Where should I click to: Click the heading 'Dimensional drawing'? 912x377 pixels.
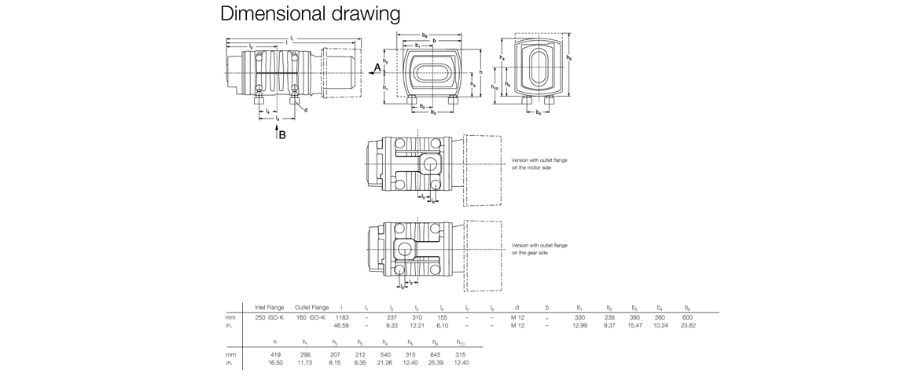click(310, 14)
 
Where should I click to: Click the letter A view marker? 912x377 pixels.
click(377, 68)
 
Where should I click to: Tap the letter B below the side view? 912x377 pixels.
click(282, 135)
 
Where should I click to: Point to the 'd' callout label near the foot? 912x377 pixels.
click(305, 110)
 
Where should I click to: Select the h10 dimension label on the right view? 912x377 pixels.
click(495, 88)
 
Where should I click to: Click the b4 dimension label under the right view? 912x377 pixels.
click(538, 113)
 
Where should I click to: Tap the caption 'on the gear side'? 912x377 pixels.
click(537, 253)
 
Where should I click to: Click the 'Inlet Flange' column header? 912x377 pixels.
click(269, 307)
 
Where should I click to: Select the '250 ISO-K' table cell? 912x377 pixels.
click(269, 317)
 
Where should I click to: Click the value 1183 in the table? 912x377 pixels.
click(342, 317)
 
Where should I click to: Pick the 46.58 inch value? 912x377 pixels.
click(341, 325)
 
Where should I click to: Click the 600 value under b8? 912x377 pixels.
click(687, 317)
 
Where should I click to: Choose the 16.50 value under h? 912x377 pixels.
click(274, 363)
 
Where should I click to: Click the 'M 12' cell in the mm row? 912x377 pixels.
click(517, 317)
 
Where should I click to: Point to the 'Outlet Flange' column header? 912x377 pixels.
click(311, 307)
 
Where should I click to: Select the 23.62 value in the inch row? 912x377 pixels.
click(687, 325)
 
